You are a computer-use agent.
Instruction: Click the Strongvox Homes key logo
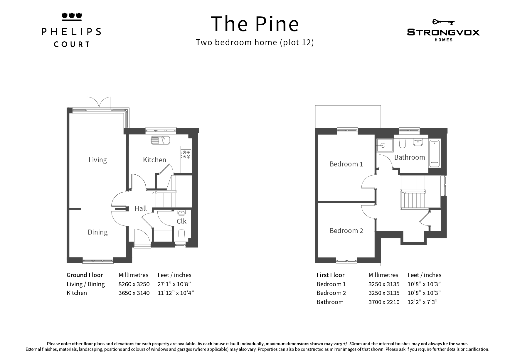pyautogui.click(x=443, y=22)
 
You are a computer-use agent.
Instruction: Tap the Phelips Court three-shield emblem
pyautogui.click(x=71, y=16)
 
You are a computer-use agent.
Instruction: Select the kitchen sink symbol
pyautogui.click(x=160, y=140)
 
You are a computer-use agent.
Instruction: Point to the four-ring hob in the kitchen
pyautogui.click(x=186, y=154)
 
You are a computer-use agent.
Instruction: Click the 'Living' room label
pyautogui.click(x=98, y=160)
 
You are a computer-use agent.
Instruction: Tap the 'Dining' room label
pyautogui.click(x=98, y=232)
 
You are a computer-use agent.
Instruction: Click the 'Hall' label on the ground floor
pyautogui.click(x=141, y=208)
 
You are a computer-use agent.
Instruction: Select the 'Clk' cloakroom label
pyautogui.click(x=181, y=221)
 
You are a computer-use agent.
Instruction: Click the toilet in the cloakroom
pyautogui.click(x=181, y=234)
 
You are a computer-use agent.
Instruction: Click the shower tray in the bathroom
pyautogui.click(x=385, y=145)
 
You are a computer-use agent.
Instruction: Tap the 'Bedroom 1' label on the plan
pyautogui.click(x=346, y=164)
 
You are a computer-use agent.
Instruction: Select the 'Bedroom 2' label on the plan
pyautogui.click(x=346, y=231)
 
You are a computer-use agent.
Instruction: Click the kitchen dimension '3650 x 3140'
pyautogui.click(x=134, y=293)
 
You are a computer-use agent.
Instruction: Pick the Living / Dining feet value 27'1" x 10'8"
pyautogui.click(x=174, y=284)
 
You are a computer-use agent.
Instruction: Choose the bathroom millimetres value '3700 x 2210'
pyautogui.click(x=384, y=302)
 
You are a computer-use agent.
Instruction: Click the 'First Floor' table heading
pyautogui.click(x=330, y=275)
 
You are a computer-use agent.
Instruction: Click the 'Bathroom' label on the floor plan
pyautogui.click(x=410, y=157)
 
